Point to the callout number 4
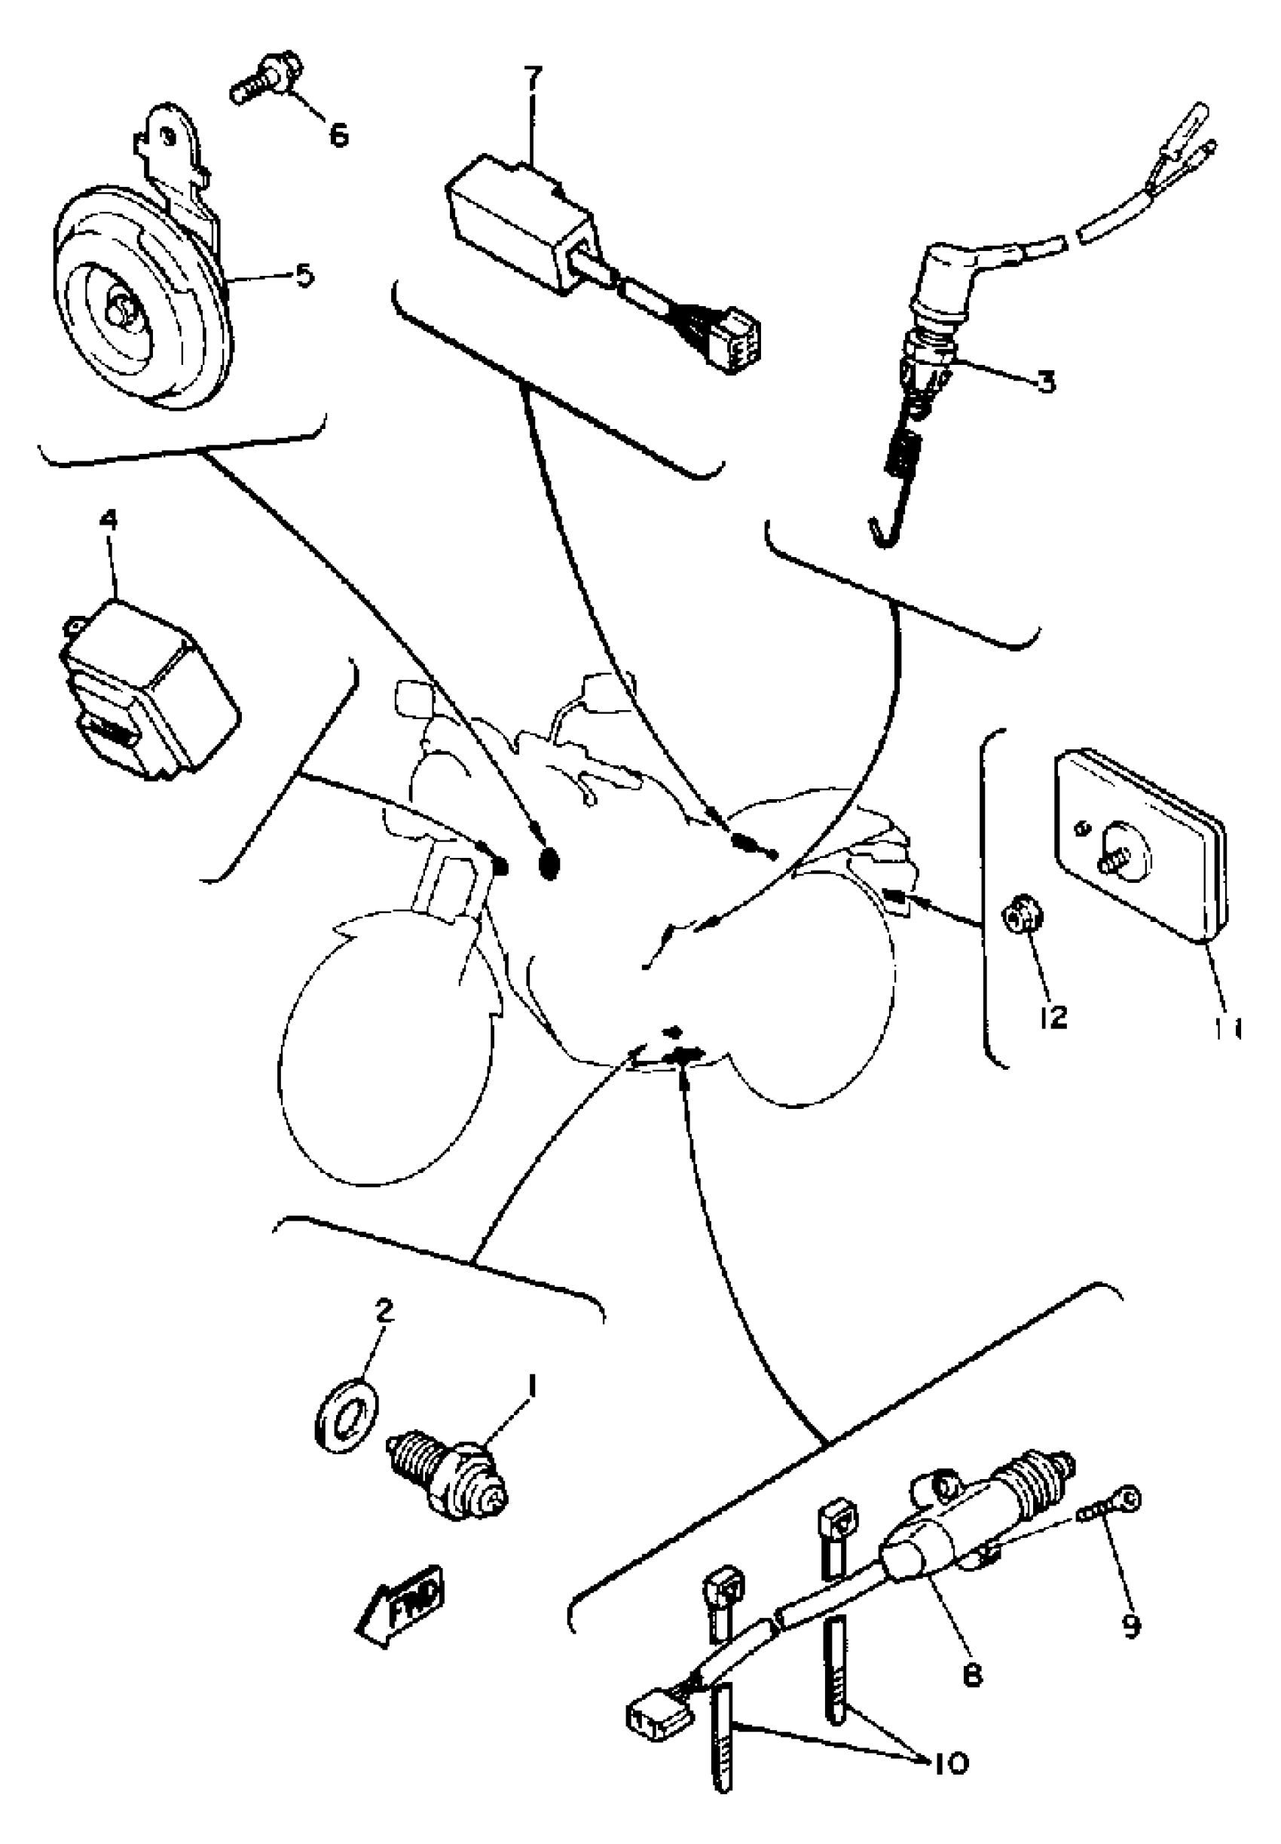click(x=109, y=520)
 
